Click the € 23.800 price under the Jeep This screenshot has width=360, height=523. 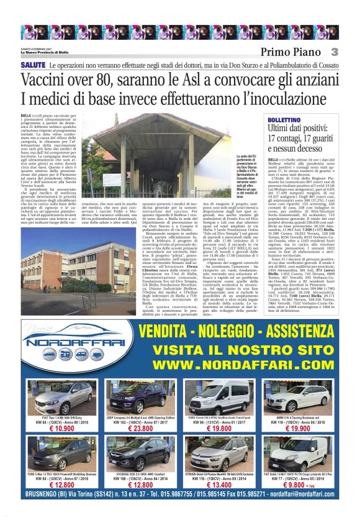(x=141, y=428)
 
